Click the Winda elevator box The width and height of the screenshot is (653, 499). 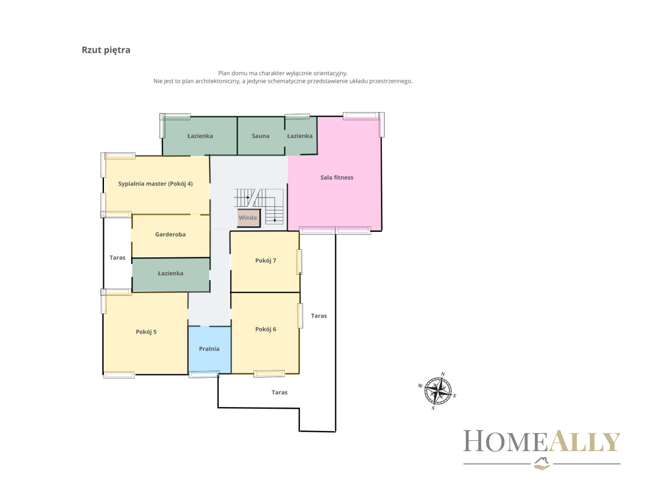coord(249,218)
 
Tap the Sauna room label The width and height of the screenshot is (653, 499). coord(261,136)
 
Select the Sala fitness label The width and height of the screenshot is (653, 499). coord(337,177)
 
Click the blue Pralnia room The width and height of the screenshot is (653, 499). coord(210,349)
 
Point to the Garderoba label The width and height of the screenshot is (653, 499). coord(170,235)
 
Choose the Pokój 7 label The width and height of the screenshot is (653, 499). coord(266,261)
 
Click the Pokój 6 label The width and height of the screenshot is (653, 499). coord(266,329)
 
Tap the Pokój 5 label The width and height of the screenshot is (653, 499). coord(146,332)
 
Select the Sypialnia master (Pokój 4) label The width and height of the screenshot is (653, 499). coord(155,184)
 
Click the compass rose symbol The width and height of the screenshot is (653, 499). coord(438,391)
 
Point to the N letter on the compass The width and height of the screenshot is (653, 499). coord(442,374)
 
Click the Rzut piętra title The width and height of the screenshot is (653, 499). coord(106,50)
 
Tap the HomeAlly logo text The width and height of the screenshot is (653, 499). coord(541,441)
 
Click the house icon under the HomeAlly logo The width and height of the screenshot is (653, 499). coord(542,463)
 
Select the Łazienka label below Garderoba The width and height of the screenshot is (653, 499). coord(170,273)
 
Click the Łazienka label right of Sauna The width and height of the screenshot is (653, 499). coord(300,136)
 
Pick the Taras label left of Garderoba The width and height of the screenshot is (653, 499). coord(117,257)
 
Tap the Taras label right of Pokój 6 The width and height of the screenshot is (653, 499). coord(319,316)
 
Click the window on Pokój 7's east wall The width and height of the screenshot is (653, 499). coord(299,262)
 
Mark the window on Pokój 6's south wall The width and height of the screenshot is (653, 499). coord(269,373)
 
